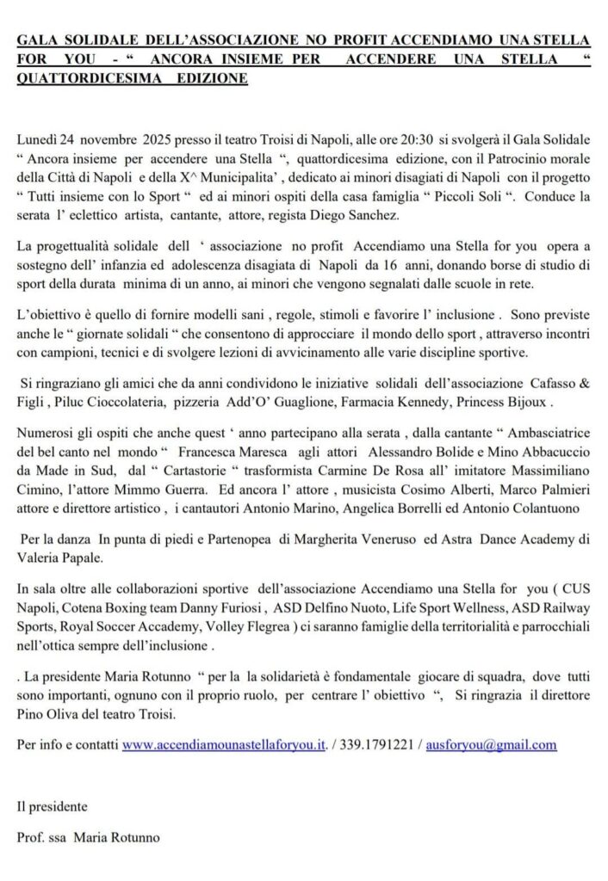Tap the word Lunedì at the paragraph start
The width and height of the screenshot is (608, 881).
(x=37, y=139)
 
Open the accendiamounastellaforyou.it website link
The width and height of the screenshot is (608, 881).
(x=223, y=745)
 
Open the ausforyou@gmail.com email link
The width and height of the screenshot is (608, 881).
(x=488, y=745)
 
